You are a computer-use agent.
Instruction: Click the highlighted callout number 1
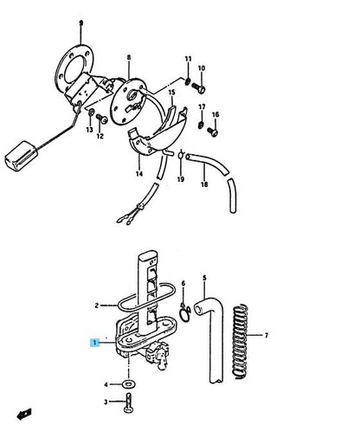[94, 343]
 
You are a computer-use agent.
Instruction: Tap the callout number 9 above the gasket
[80, 23]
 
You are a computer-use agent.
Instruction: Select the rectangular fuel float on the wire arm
[21, 156]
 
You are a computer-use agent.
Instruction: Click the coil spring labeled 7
[241, 341]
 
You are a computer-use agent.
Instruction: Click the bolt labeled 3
[128, 403]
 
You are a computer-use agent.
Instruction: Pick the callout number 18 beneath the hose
[204, 184]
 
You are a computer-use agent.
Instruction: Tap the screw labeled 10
[199, 87]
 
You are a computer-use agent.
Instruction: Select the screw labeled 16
[213, 132]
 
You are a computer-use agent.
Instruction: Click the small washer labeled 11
[188, 81]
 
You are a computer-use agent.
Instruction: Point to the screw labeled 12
[101, 119]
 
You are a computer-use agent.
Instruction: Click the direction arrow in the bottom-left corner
[24, 415]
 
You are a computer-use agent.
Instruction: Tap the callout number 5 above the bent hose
[204, 278]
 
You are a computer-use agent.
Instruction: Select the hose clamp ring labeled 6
[184, 313]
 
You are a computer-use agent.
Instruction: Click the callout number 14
[139, 174]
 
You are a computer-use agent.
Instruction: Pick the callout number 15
[171, 93]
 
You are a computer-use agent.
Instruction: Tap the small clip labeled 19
[181, 156]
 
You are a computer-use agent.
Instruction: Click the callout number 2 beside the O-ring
[97, 306]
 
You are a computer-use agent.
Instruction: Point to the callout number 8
[129, 57]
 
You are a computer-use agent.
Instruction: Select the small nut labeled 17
[201, 125]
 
